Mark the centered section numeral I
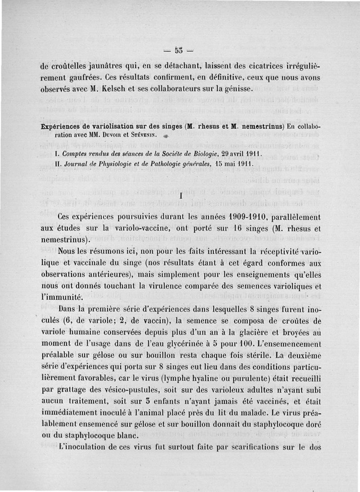click(x=180, y=196)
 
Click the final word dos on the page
click(x=313, y=448)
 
